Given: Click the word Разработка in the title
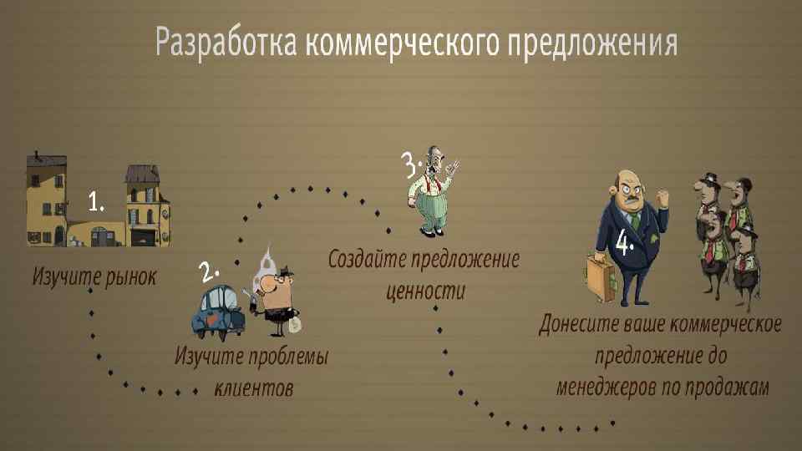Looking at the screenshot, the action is point(226,41).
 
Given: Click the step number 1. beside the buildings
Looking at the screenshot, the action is point(97,200).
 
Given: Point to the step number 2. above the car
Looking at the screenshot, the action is point(208,271).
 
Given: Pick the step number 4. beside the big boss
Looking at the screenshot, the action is point(625,244).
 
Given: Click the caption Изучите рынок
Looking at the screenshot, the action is point(94,276).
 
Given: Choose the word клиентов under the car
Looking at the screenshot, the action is point(254,388).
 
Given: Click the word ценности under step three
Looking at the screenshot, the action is point(424,291).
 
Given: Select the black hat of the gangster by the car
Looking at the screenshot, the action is point(282,271).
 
